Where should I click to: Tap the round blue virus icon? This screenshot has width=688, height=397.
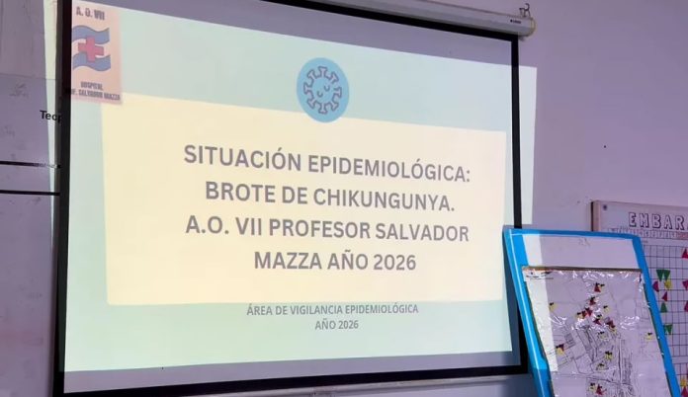click(x=323, y=89)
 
